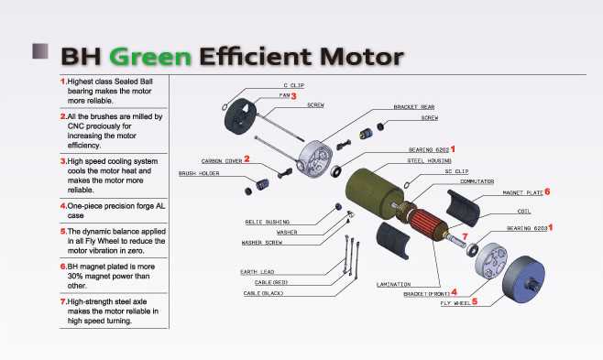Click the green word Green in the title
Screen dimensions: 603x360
pos(150,57)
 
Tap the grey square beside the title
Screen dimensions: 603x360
pos(40,51)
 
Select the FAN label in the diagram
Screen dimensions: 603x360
pos(284,95)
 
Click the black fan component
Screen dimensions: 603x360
pos(240,115)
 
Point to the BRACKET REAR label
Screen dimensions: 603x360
pos(414,107)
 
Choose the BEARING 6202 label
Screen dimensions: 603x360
pos(429,150)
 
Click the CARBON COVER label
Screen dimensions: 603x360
pos(222,161)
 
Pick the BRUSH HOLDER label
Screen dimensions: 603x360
pos(199,173)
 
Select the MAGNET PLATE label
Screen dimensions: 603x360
pos(522,193)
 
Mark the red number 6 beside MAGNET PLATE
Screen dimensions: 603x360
pos(547,191)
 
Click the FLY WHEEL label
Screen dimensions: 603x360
pos(455,303)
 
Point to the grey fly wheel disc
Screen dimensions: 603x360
pos(523,279)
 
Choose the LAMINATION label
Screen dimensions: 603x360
pos(393,284)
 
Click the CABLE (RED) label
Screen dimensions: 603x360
pos(271,282)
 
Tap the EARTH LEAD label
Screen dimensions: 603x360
pos(258,272)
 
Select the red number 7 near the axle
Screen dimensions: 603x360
pos(465,236)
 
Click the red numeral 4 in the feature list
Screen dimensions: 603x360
pos(63,206)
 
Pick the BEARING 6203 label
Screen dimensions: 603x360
pos(527,228)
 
